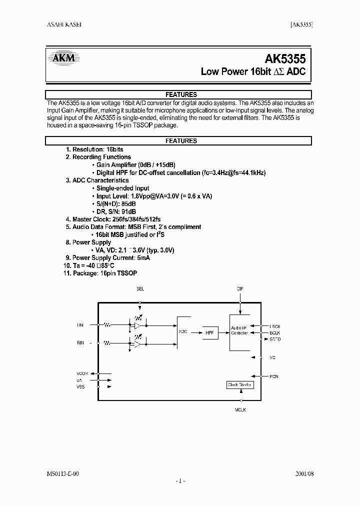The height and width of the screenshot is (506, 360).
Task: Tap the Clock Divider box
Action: point(240,385)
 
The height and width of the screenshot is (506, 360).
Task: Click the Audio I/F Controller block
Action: point(239,331)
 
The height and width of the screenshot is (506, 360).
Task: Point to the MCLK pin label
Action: point(240,409)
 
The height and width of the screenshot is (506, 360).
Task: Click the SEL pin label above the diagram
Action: point(140,289)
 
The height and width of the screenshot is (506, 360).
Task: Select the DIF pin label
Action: point(240,289)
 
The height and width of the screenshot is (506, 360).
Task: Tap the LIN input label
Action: point(80,325)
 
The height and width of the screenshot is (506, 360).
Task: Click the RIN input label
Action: point(80,343)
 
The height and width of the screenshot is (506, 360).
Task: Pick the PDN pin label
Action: point(273,376)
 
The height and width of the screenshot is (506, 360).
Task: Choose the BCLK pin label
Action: point(274,332)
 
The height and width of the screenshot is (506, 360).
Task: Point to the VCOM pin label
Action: point(82,374)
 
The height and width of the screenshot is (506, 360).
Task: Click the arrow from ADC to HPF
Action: point(195,331)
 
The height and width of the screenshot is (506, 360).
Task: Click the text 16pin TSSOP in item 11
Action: point(119,273)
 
